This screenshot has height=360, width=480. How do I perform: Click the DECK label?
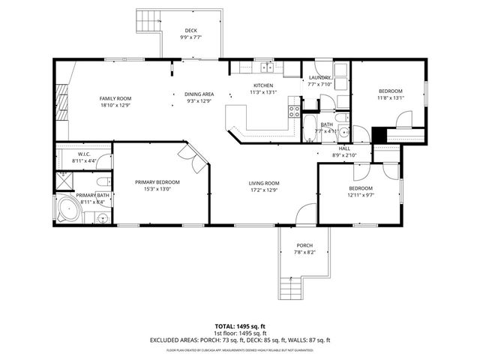coord(190,31)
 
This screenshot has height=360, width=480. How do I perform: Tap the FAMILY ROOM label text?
coord(115,98)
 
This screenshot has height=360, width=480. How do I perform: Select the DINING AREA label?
coord(199,94)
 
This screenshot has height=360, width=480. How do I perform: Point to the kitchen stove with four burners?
coord(294,114)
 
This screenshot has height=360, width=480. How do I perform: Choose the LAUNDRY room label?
coord(319,77)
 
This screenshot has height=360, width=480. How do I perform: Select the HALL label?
coord(344,148)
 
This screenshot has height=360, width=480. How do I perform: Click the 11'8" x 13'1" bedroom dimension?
coord(390,97)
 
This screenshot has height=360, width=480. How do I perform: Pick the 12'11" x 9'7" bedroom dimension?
coord(360,195)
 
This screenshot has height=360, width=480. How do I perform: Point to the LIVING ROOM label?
coord(264,183)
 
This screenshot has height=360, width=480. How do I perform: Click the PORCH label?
coord(304,245)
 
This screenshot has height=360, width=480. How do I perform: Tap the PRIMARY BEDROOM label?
coord(157,182)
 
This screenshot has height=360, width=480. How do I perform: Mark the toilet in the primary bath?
coord(103,182)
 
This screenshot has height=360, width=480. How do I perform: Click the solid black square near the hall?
coord(379,136)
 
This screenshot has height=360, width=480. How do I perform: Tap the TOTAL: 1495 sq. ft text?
coord(240,326)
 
